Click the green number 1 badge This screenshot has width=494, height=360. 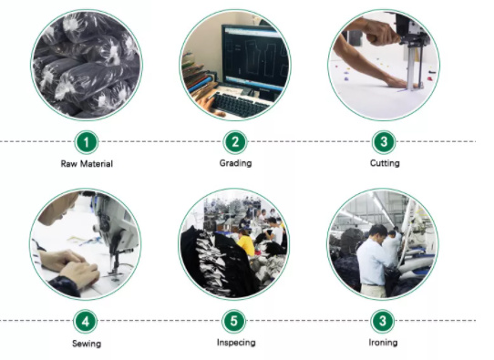click(87, 142)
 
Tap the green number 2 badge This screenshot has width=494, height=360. click(235, 142)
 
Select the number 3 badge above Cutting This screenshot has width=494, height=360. click(384, 142)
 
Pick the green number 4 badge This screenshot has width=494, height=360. click(86, 322)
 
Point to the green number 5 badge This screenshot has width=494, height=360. click(233, 321)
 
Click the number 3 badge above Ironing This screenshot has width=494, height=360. click(383, 321)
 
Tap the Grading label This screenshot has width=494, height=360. click(235, 163)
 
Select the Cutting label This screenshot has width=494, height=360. click(385, 163)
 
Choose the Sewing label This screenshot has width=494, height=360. click(87, 344)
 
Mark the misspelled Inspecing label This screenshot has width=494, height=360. click(236, 343)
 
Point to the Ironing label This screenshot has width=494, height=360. click(383, 343)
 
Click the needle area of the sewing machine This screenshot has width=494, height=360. click(115, 264)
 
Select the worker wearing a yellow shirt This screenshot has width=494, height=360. click(245, 243)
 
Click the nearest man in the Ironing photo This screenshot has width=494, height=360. click(373, 262)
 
